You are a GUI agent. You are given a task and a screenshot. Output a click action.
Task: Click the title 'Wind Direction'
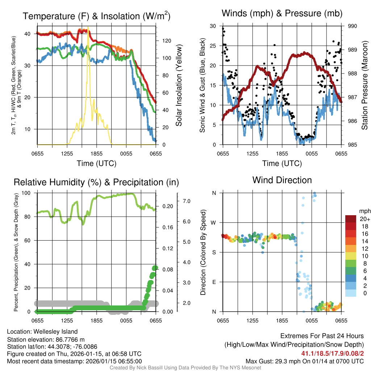pyautogui.click(x=282, y=180)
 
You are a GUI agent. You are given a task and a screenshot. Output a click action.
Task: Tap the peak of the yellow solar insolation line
pyautogui.click(x=88, y=28)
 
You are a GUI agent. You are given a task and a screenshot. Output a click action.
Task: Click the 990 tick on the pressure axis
pyautogui.click(x=352, y=26)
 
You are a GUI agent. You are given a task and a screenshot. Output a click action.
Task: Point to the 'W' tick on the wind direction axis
pyautogui.click(x=214, y=222)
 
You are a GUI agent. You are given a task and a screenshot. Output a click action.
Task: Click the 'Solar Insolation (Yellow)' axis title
pyautogui.click(x=179, y=85)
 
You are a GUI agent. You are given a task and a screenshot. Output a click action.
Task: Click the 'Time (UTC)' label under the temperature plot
pyautogui.click(x=96, y=163)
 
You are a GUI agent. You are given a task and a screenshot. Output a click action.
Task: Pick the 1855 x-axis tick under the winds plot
pyautogui.click(x=282, y=154)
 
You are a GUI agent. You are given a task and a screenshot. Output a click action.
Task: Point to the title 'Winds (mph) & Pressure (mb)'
pyautogui.click(x=282, y=13)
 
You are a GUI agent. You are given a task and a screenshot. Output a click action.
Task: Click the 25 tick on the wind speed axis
pyautogui.click(x=214, y=46)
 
